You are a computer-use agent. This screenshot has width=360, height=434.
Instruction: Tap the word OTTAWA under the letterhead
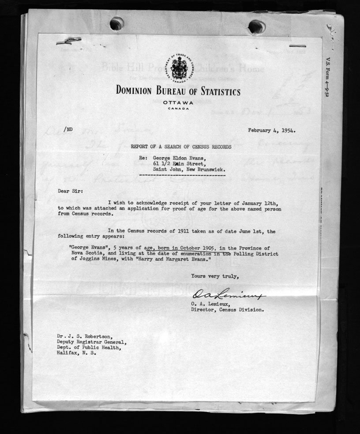click(x=178, y=103)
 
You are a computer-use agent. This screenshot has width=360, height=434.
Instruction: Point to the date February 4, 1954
click(x=271, y=130)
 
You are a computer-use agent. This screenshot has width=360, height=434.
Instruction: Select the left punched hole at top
click(x=116, y=23)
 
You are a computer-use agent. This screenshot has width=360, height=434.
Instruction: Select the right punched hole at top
click(x=256, y=26)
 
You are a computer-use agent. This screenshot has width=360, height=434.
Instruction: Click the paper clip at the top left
click(x=69, y=41)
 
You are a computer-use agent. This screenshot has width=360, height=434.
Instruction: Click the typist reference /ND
click(x=68, y=129)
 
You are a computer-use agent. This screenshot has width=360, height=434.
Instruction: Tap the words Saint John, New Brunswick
click(x=191, y=169)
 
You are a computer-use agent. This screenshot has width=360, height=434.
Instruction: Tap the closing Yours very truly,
click(x=215, y=277)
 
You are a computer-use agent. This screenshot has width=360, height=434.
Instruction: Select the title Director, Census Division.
click(x=227, y=309)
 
